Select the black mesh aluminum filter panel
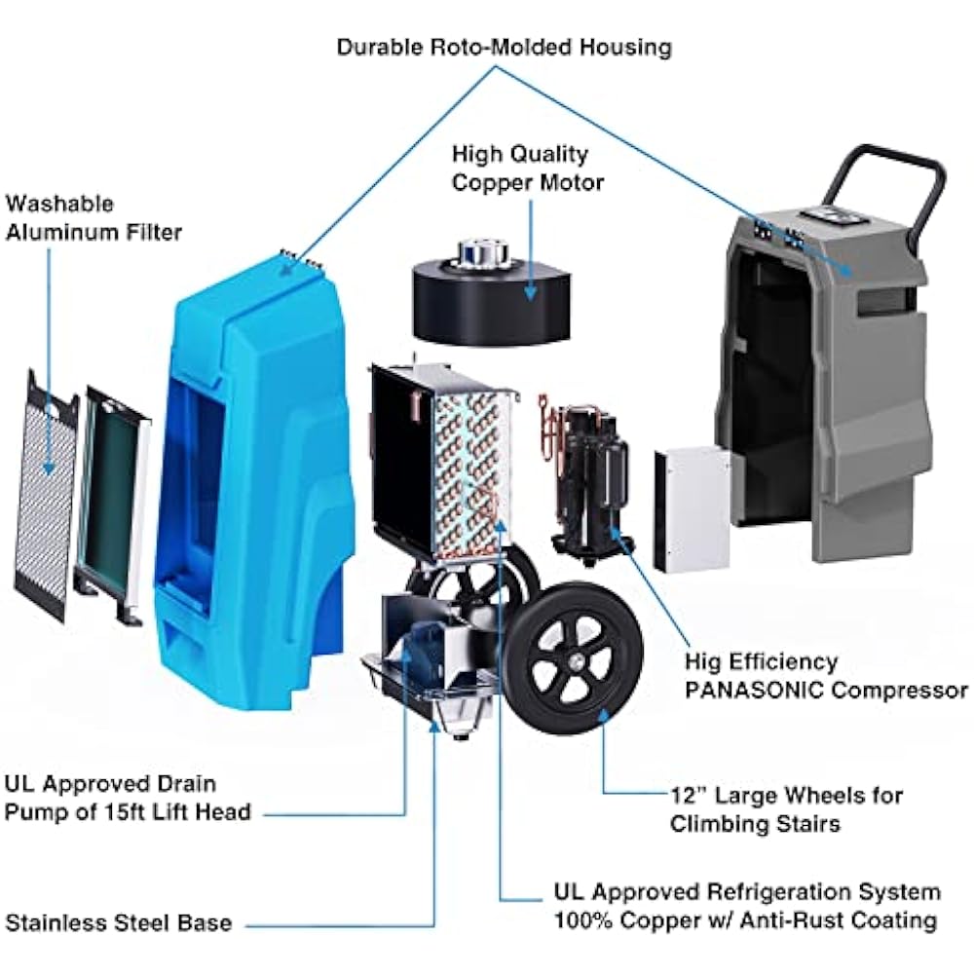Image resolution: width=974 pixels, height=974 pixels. coord(46,492)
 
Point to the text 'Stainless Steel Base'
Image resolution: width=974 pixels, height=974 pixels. coord(120,921)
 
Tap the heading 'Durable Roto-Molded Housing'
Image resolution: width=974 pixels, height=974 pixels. coord(504,47)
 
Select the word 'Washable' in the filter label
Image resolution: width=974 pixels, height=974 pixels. coord(59,204)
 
